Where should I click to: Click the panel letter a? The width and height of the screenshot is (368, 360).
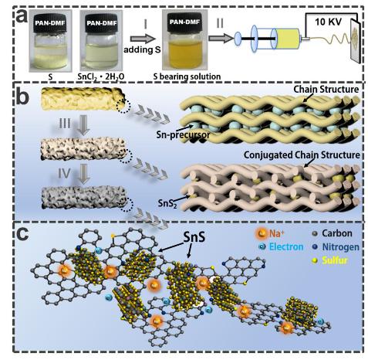22,17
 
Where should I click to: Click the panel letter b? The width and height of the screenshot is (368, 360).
23,97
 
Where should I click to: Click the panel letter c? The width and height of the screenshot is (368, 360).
22,233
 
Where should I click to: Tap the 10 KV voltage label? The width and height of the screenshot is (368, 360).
329,22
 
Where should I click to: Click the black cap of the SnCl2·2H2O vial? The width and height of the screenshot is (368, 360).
102,23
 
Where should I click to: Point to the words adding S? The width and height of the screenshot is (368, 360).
142,49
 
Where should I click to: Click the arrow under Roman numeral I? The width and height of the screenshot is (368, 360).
143,39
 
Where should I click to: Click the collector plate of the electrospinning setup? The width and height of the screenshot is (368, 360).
356,41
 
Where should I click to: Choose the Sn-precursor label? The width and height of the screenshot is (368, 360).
183,134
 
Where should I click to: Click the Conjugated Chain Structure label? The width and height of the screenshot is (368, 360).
302,155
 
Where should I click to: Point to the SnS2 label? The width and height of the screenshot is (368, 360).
167,203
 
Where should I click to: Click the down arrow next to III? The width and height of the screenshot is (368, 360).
83,125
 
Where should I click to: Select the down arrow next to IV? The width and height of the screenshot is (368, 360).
84,174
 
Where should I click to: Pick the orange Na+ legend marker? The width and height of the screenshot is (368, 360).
262,233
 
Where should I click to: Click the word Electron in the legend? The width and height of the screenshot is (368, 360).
286,246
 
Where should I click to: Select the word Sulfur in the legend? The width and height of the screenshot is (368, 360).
335,260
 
